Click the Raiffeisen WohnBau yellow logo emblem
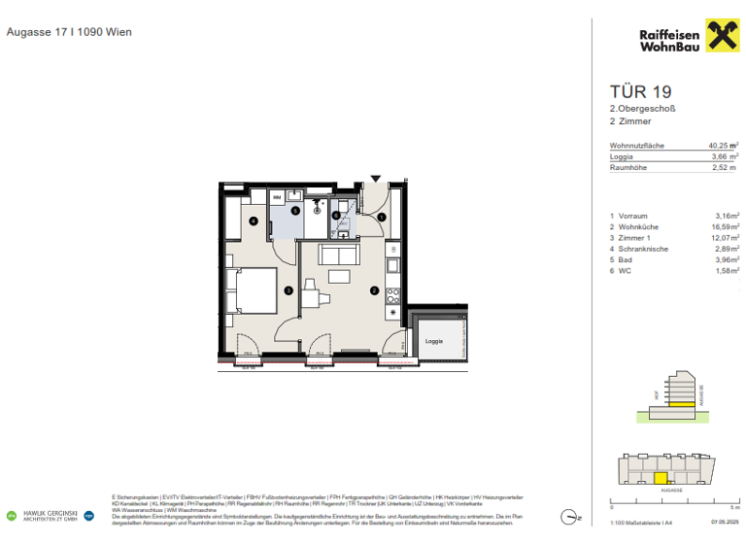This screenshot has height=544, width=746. coord(717,39)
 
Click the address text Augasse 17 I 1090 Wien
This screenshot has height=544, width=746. coord(69,32)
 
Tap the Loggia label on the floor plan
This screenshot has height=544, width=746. coord(432,342)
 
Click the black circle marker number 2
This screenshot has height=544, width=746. coord(374,289)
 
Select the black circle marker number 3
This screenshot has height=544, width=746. coord(288,289)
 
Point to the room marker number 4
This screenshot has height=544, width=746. coord(254,221)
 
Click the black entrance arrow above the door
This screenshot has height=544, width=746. coord(377,179)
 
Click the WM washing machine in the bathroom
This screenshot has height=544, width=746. coord(278,197)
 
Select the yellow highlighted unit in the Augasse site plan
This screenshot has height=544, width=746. coord(661,478)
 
